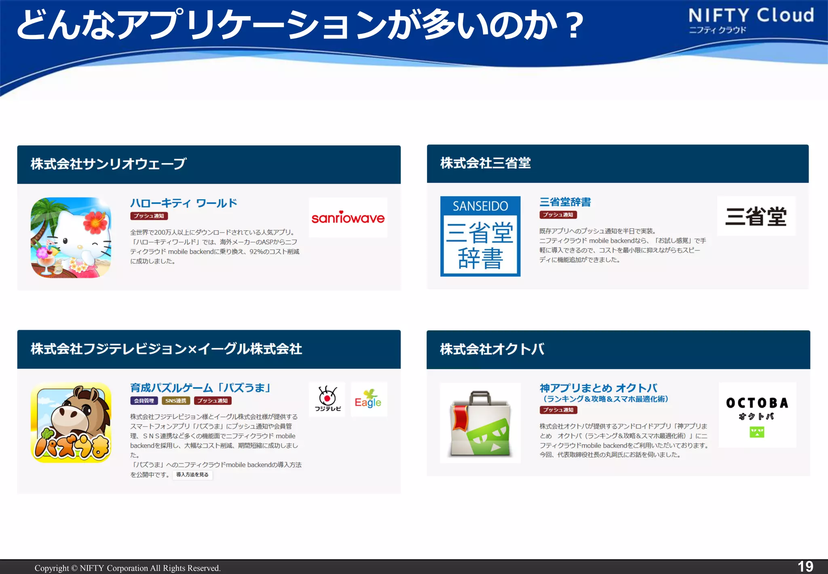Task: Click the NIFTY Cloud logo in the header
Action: pos(751,20)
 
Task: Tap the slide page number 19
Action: pos(805,566)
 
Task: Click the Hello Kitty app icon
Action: pos(71,237)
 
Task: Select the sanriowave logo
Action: pos(348,218)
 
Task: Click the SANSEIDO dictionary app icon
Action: pos(480,236)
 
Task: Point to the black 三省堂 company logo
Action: pos(756,216)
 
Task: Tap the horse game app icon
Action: pos(71,423)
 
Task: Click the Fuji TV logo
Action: pos(327,399)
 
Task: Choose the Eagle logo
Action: pos(368,399)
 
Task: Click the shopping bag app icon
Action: pos(480,423)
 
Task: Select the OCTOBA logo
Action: pos(757,415)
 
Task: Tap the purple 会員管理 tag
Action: pos(144,401)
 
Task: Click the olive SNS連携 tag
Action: pos(176,401)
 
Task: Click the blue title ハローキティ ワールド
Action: pos(184,203)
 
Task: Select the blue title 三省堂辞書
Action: pos(565,202)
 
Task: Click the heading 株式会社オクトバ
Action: pos(492,349)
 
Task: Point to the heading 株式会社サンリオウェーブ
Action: pos(108,164)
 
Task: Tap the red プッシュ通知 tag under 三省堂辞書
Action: pos(558,215)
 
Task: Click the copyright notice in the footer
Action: pos(127,568)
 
